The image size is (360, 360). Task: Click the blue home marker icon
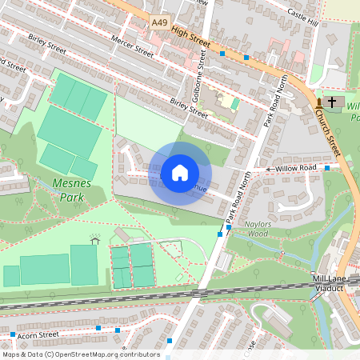point(180,173)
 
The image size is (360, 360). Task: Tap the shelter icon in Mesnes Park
point(95,239)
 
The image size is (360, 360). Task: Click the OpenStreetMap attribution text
point(80,354)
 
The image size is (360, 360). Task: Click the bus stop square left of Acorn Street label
point(14,334)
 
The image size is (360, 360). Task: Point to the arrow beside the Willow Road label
point(270,170)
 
